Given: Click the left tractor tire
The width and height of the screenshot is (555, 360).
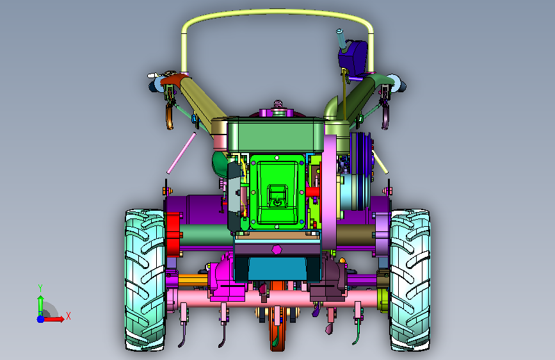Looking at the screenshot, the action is point(145,280).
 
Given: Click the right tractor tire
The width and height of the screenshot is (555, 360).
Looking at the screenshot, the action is point(410,280).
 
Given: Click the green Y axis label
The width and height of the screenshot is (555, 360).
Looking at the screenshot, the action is point(40,288).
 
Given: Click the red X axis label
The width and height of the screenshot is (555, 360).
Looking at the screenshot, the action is point(68,316).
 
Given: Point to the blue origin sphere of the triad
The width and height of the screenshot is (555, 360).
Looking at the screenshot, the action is point(41,319).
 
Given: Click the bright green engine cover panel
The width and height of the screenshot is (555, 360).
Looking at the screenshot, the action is point(277,192).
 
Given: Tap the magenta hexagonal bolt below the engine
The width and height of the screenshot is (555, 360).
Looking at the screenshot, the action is point(277,249).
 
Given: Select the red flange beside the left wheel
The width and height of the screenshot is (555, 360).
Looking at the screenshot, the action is point(172,234).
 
